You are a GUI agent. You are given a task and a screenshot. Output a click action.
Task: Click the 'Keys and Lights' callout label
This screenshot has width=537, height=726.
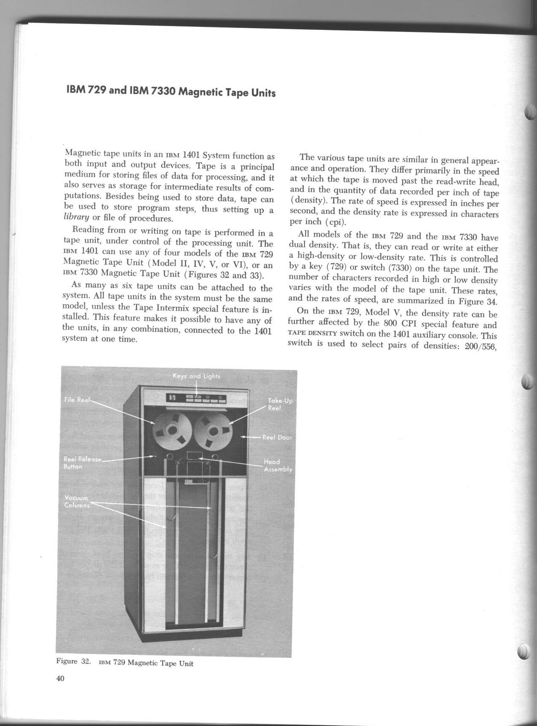point(196,376)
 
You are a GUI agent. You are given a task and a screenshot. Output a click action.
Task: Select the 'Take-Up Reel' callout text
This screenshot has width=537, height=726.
point(280,404)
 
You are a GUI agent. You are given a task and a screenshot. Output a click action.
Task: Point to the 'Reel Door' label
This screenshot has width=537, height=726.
point(277,437)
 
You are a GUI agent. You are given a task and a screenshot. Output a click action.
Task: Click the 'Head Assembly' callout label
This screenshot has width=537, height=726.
point(278,465)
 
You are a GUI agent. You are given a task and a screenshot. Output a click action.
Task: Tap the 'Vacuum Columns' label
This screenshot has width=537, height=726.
point(76,501)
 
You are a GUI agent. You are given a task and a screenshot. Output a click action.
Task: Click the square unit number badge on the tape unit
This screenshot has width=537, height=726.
point(171,398)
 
